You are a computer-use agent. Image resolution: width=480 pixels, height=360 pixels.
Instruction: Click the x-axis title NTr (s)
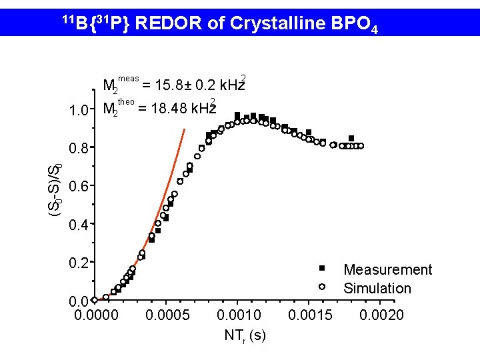point(245,335)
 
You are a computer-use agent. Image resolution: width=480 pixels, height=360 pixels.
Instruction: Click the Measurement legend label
point(387,270)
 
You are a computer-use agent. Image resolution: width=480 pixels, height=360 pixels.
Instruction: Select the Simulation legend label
point(377,289)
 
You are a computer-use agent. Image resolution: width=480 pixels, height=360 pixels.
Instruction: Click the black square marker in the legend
point(321,268)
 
